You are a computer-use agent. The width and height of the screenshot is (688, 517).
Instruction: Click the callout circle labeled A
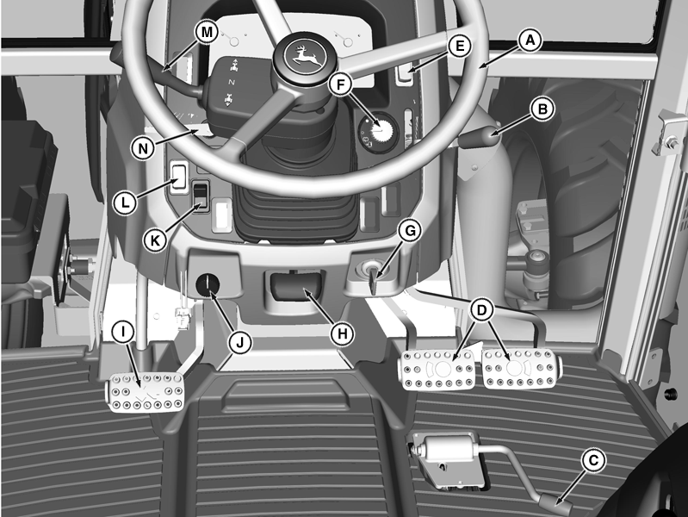click(530, 40)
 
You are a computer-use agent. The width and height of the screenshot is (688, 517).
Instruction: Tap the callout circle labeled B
click(542, 109)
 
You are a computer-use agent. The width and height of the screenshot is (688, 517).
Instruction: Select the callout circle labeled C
click(593, 460)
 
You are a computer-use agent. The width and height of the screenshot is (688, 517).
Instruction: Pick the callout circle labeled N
click(143, 148)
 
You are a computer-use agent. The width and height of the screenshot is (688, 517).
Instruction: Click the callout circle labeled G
click(410, 231)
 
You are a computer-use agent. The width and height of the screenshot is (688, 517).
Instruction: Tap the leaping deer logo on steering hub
click(302, 57)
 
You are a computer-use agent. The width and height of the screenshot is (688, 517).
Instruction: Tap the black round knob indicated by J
click(208, 284)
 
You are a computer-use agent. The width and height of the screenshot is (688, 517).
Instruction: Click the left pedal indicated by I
click(146, 392)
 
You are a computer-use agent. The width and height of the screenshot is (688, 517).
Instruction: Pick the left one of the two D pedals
click(437, 370)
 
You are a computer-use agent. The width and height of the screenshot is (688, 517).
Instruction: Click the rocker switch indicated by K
click(201, 196)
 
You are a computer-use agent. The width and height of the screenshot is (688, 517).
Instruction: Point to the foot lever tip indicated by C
click(557, 503)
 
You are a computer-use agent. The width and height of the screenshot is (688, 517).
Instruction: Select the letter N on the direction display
click(232, 83)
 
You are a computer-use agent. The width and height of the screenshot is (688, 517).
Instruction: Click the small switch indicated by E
click(405, 73)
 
